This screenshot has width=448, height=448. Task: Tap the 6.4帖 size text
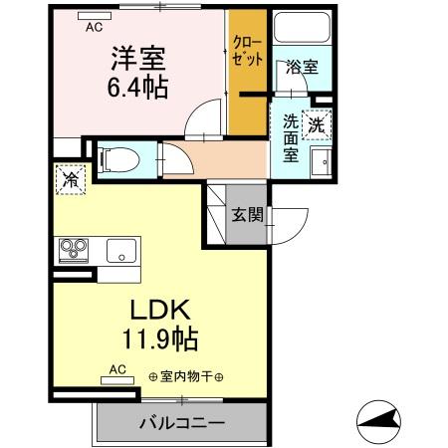click(x=137, y=88)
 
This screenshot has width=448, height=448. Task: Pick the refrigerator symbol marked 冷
click(x=72, y=180)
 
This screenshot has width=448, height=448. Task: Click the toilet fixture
click(x=117, y=156)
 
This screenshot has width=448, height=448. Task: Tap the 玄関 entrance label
click(x=248, y=212)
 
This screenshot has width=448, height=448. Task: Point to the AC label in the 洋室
click(x=95, y=27)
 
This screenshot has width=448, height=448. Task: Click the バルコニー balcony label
click(x=180, y=423)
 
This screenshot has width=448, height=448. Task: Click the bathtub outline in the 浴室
click(x=300, y=36)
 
